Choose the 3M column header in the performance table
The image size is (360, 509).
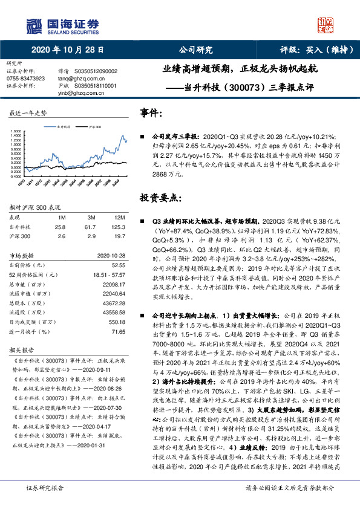tap(91, 217)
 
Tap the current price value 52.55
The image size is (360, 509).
tap(118, 264)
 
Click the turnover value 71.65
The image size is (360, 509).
tap(118, 331)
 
